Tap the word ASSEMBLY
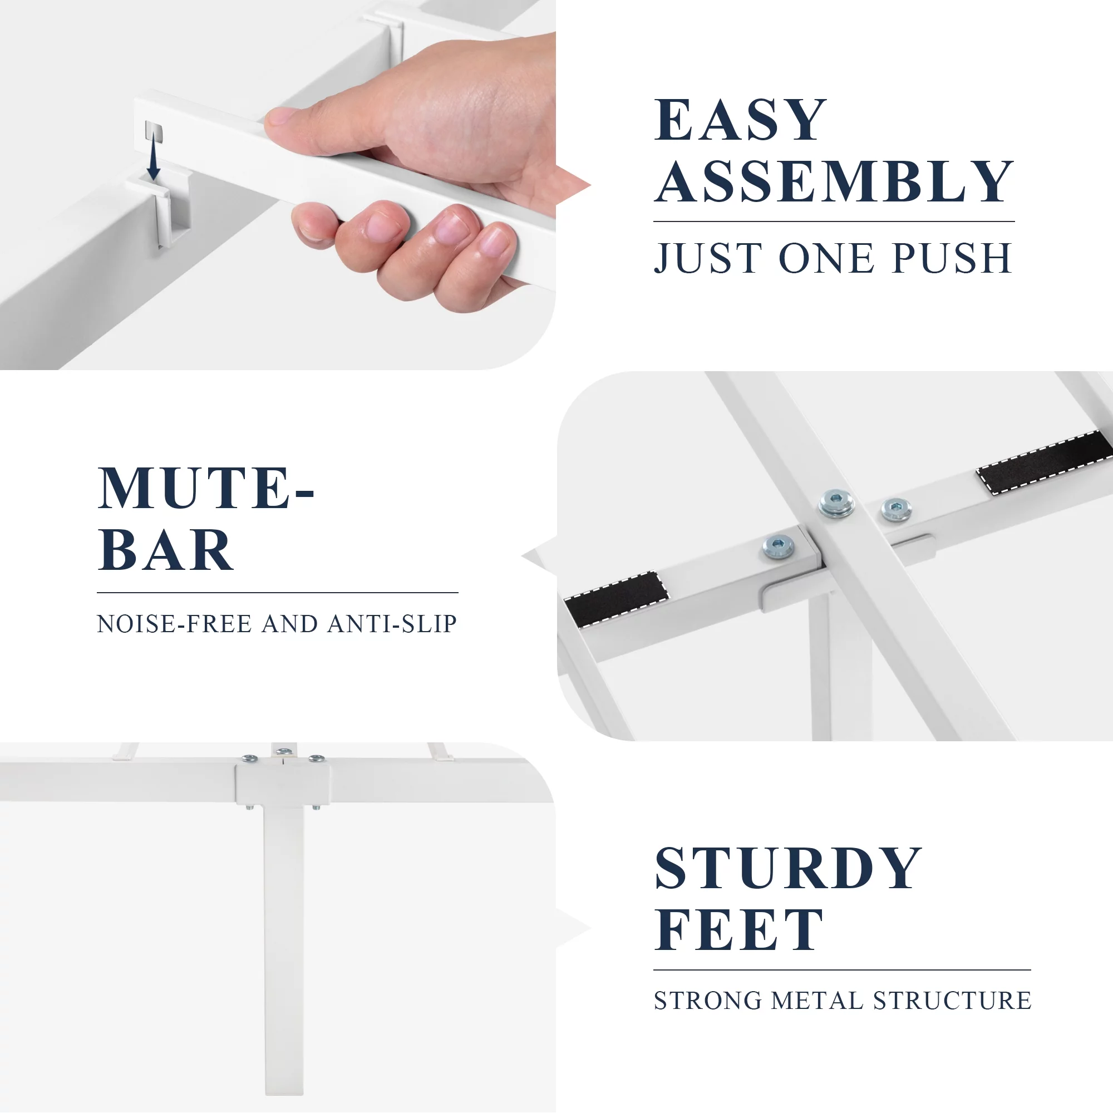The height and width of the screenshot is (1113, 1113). point(834,181)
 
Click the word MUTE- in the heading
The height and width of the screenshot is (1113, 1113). point(206,488)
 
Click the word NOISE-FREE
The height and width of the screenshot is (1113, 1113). point(175,624)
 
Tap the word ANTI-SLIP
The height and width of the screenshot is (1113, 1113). point(392,624)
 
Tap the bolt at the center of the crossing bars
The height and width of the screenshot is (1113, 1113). point(836,504)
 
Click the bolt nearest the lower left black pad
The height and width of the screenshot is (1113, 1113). point(779,546)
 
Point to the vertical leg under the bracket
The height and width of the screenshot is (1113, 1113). point(284,949)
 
